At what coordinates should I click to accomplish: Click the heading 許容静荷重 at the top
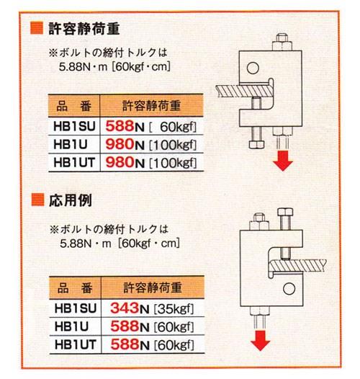coord(84,29)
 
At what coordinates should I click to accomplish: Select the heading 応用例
coord(71,200)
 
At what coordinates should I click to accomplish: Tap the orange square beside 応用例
coord(37,200)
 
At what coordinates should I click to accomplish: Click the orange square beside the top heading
coord(37,28)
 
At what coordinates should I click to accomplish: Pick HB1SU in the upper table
coord(74,126)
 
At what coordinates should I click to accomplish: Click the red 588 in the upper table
coord(120,126)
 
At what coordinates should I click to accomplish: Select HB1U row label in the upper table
coord(71,144)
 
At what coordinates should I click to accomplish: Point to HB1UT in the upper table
coord(74,162)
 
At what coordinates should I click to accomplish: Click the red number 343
coord(125,308)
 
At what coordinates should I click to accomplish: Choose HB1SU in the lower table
coord(76,308)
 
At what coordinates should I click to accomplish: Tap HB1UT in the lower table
coord(76,344)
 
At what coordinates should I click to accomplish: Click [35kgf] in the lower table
coord(174,309)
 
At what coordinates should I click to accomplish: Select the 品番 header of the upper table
coord(74,106)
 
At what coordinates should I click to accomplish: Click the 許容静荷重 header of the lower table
coord(153,287)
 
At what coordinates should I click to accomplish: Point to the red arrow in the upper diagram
coord(283,161)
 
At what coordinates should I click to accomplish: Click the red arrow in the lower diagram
coord(260,341)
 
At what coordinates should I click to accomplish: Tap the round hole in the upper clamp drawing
coord(253,68)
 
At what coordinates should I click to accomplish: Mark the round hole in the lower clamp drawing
coord(289,289)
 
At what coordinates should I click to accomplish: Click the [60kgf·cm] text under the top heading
coord(141,67)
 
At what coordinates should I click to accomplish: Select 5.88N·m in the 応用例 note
coord(85,244)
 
